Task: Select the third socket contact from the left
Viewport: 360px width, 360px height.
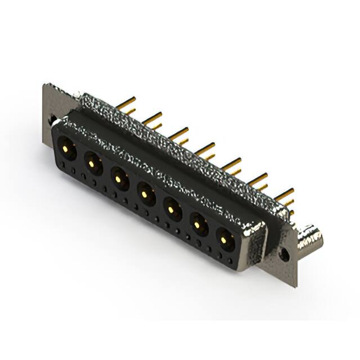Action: (x=118, y=179)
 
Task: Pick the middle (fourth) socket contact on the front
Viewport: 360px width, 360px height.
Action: (x=145, y=194)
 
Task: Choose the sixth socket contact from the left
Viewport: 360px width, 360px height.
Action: (x=199, y=226)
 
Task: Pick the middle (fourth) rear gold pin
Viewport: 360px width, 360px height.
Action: (x=205, y=148)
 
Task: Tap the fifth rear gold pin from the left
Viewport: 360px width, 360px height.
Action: (x=231, y=163)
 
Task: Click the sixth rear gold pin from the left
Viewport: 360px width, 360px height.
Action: (x=258, y=179)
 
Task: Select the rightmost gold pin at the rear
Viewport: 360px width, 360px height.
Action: (x=284, y=194)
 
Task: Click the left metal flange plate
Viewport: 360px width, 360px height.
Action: (x=49, y=107)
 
